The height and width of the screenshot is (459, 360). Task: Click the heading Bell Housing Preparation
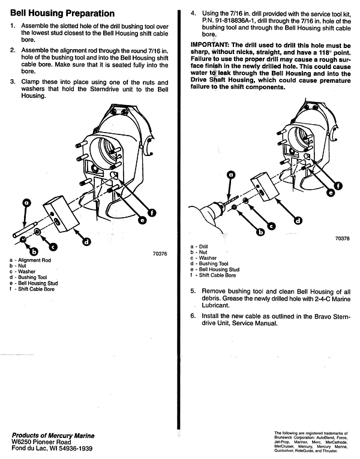click(x=62, y=13)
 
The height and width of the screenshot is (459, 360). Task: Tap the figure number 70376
click(x=160, y=254)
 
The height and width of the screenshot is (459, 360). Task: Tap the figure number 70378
click(x=342, y=238)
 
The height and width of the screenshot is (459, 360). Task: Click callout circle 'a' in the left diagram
click(x=26, y=203)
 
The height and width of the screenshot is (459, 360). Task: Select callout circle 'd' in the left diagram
click(x=86, y=242)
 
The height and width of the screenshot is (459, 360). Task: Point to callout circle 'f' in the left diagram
click(x=151, y=213)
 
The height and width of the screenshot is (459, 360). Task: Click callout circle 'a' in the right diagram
click(x=231, y=175)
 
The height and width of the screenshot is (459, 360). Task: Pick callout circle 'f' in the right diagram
click(x=338, y=186)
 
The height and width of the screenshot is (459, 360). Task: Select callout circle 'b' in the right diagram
click(x=260, y=232)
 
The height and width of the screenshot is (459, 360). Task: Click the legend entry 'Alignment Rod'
click(x=34, y=260)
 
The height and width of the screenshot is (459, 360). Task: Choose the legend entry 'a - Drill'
click(x=199, y=247)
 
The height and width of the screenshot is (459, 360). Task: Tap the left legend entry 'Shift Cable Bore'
click(x=36, y=289)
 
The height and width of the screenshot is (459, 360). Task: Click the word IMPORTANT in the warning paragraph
click(x=209, y=45)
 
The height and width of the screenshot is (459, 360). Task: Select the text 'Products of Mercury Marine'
click(x=53, y=436)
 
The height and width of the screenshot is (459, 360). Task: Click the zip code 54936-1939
click(x=76, y=448)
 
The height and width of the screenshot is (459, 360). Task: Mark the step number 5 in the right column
click(x=193, y=291)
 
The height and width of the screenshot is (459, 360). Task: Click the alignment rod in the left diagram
click(x=25, y=230)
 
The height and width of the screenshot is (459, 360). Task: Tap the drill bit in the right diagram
click(x=230, y=201)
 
